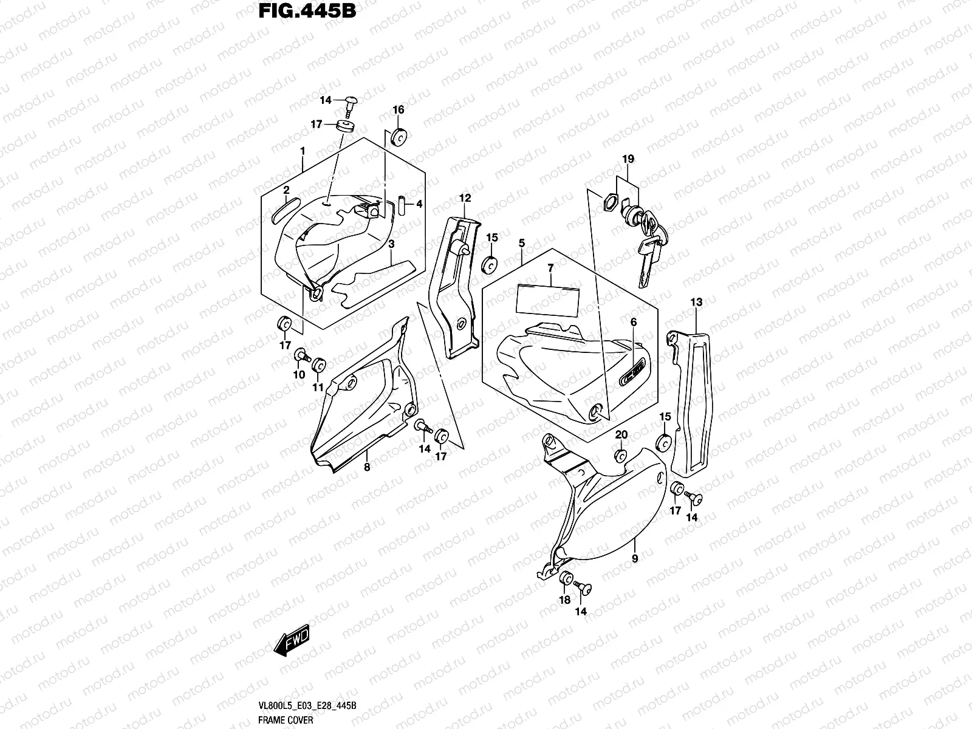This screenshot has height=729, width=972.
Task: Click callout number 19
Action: pos(628,159)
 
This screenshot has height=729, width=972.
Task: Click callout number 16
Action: pos(398,110)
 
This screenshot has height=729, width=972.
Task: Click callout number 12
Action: pos(465,198)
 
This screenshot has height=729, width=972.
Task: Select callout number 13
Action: pos(696,302)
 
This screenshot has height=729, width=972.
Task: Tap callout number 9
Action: pos(635,558)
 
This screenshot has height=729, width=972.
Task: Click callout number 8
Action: pos(366,467)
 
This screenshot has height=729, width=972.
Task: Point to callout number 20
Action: pos(621,435)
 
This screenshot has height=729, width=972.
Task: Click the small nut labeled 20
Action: pos(620,456)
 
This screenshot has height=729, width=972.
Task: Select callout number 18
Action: pos(564,600)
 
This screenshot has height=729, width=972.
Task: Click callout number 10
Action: pos(299,375)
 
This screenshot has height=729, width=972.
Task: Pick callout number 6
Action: pos(632,322)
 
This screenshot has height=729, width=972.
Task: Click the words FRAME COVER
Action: pos(285,720)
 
